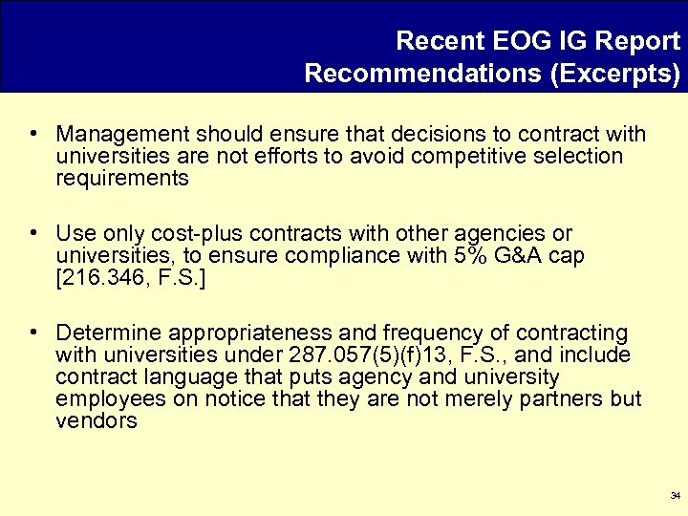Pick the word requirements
coord(122,178)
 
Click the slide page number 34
coord(676,496)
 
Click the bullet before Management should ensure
coord(33,134)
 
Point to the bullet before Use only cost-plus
coord(33,234)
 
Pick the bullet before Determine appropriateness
coord(33,333)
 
